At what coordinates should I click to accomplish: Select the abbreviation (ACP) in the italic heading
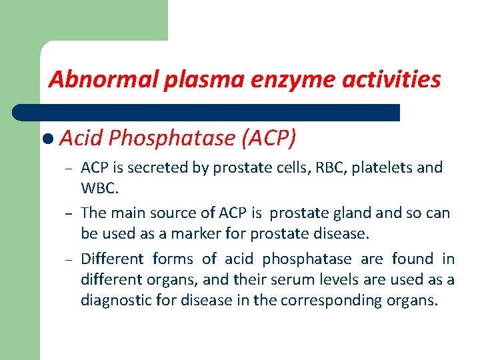pos(269,138)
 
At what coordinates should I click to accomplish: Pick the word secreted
pos(163,167)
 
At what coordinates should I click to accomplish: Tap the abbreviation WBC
pos(99,188)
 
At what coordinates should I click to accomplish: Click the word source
pos(177,213)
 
